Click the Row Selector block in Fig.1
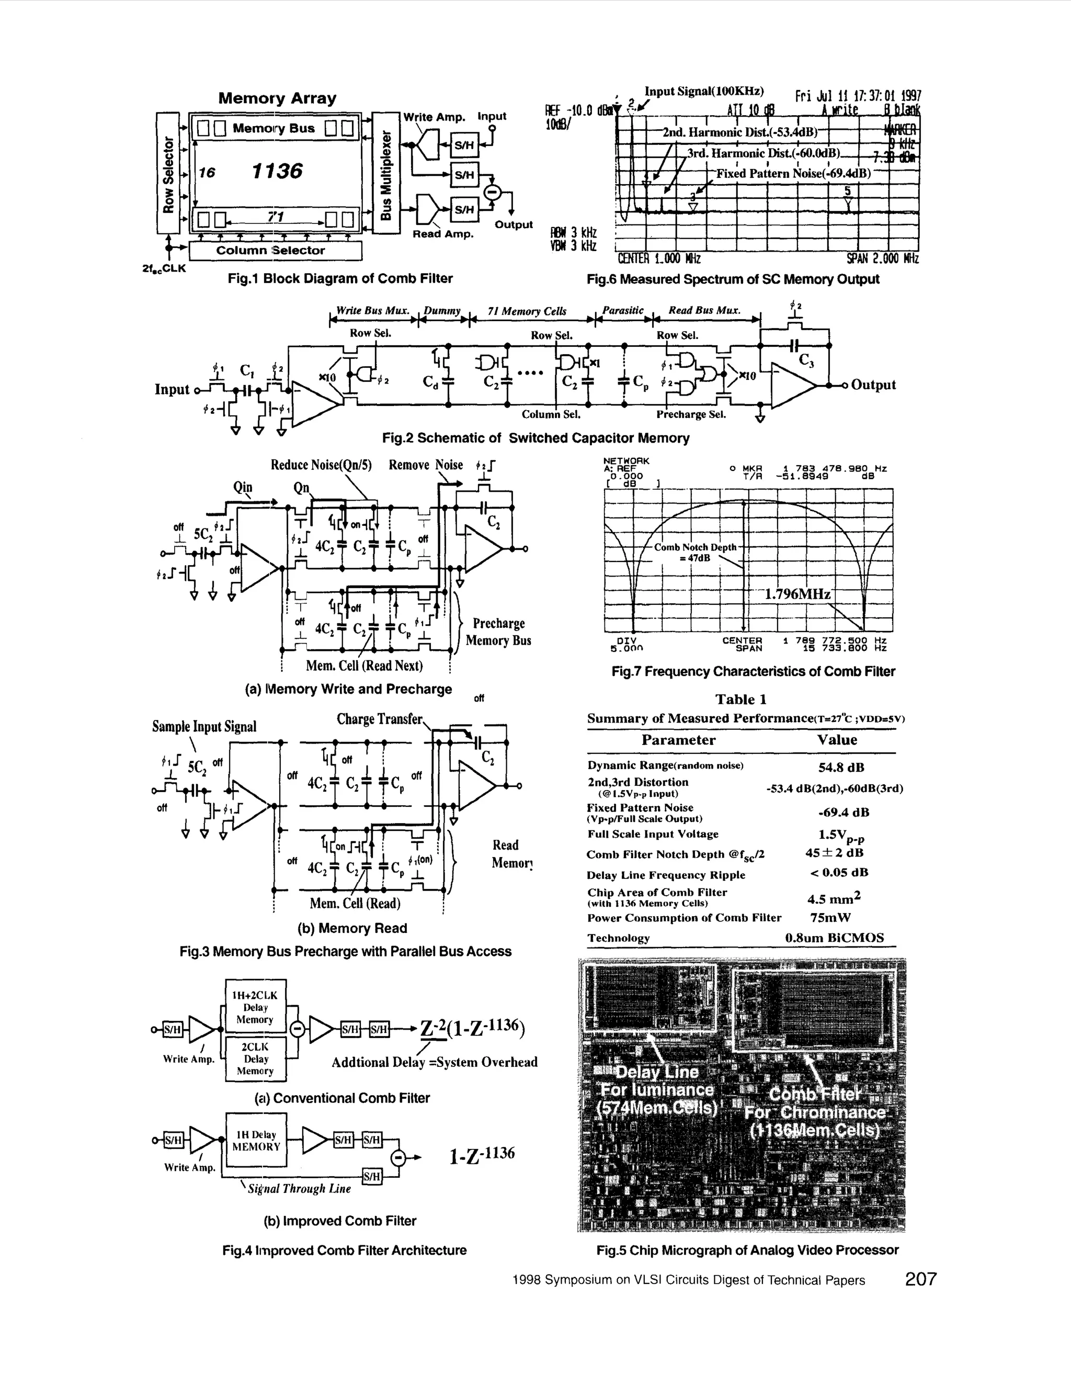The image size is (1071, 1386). [168, 173]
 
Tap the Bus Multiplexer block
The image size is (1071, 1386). [385, 173]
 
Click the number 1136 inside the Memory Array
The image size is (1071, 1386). [277, 171]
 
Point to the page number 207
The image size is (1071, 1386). [920, 1279]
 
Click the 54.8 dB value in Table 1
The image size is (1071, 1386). [841, 767]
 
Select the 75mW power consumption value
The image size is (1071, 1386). [830, 918]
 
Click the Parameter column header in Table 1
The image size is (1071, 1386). [678, 740]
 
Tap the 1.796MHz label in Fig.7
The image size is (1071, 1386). [797, 594]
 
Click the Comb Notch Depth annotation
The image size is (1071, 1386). [696, 552]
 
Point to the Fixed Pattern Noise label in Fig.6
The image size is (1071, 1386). [793, 173]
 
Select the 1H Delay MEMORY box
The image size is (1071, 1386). [256, 1141]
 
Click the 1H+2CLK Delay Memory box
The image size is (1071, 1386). [255, 1007]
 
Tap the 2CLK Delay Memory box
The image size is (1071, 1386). [255, 1058]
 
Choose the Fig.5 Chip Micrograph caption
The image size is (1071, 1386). [747, 1250]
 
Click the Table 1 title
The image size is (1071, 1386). [740, 700]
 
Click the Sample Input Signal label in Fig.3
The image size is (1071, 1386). [204, 727]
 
